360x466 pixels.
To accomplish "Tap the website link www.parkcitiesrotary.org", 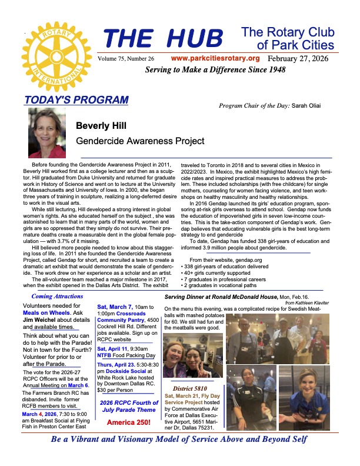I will coord(215,59).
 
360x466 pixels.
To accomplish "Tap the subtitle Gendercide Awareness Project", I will coord(140,141).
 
